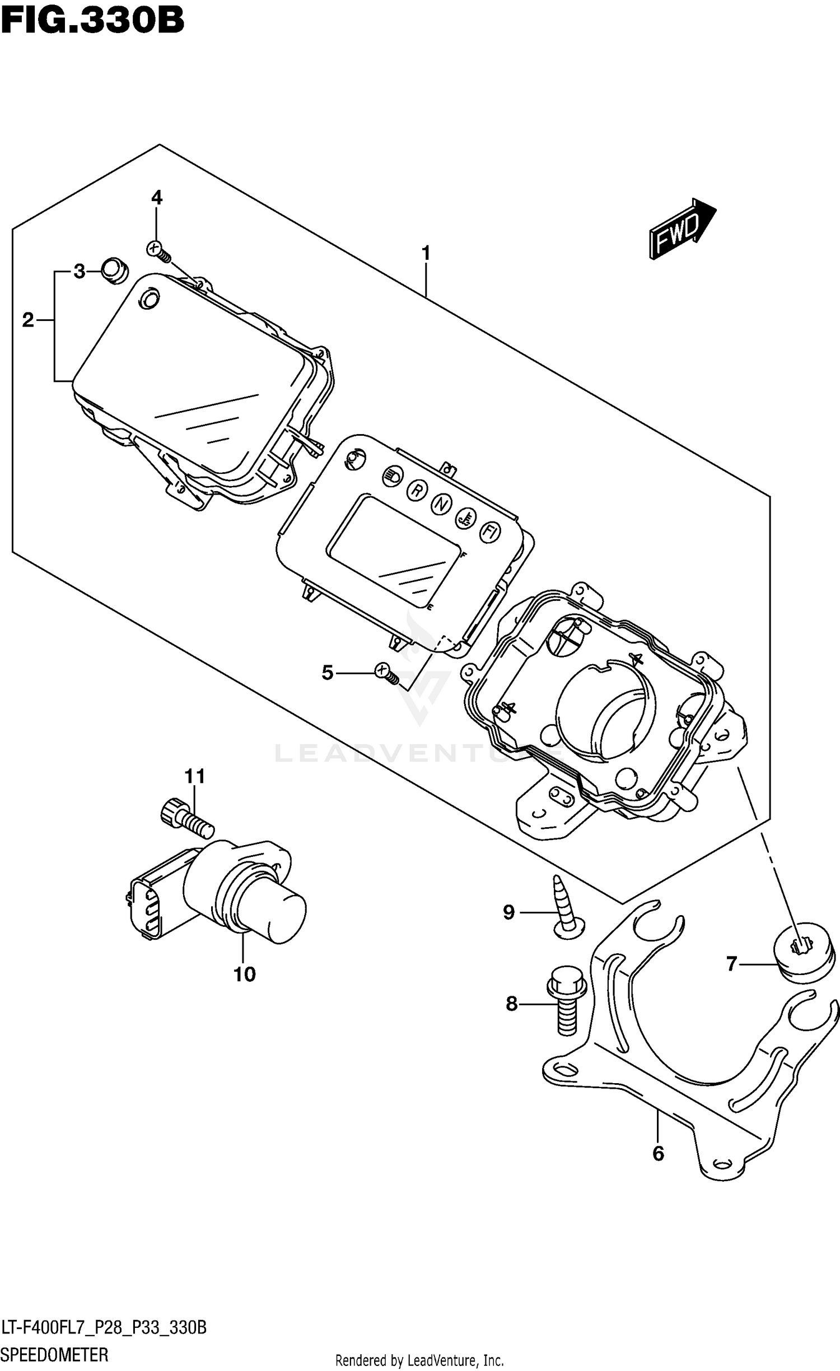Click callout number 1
[x=426, y=254]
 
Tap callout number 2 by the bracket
[x=28, y=320]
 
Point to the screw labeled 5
[x=386, y=673]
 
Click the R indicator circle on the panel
[x=417, y=490]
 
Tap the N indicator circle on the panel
[x=441, y=504]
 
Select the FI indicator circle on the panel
[x=489, y=533]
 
